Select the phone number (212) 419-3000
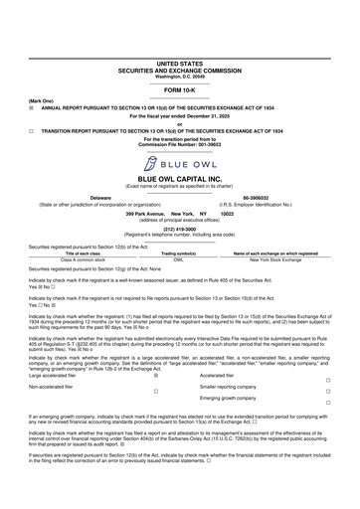(x=179, y=228)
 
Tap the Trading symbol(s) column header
(x=179, y=254)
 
